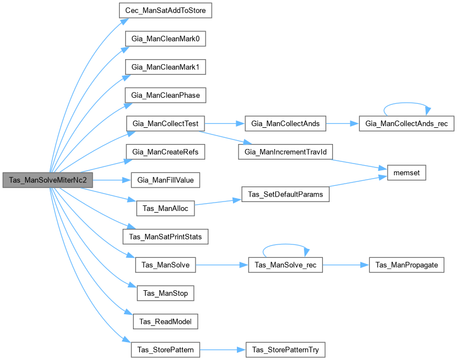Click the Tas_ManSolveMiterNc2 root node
pyautogui.click(x=47, y=180)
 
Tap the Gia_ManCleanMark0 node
pyautogui.click(x=161, y=39)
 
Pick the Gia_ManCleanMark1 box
pyautogui.click(x=161, y=67)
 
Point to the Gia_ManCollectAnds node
pyautogui.click(x=285, y=123)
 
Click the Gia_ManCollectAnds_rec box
pyautogui.click(x=406, y=123)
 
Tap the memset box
pyautogui.click(x=403, y=173)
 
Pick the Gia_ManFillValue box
pyautogui.click(x=165, y=180)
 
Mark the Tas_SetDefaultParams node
pyautogui.click(x=285, y=194)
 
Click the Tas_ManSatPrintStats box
pyautogui.click(x=165, y=237)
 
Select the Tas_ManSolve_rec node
pyautogui.click(x=285, y=265)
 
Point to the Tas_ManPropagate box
pyautogui.click(x=406, y=265)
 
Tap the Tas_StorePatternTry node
pyautogui.click(x=285, y=350)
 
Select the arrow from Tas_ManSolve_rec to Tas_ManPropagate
pyautogui.click(x=346, y=265)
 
